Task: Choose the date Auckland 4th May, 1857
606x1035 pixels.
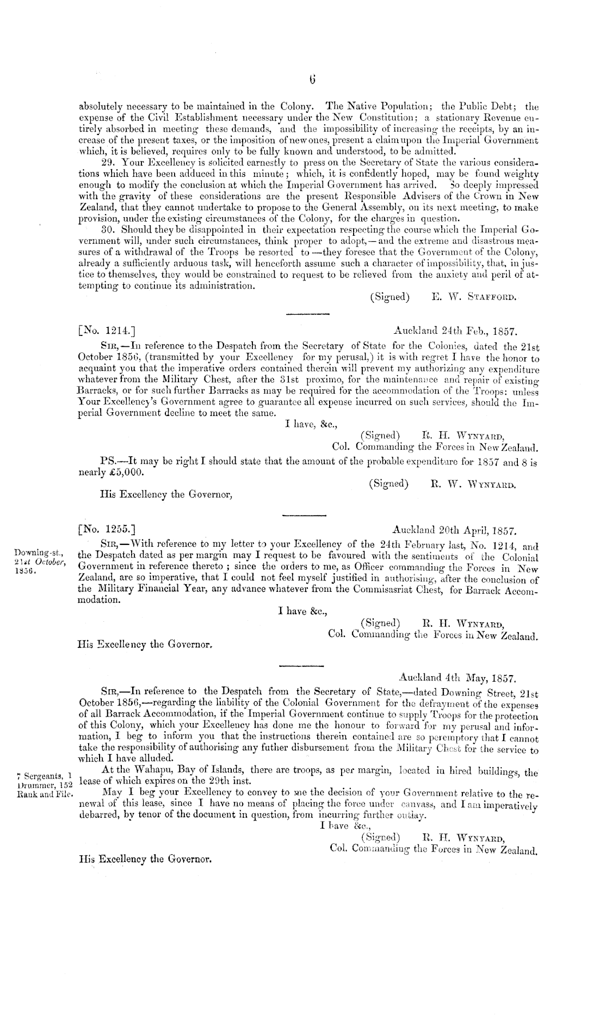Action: tap(457, 678)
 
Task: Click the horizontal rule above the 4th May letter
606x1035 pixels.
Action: tap(302, 665)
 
